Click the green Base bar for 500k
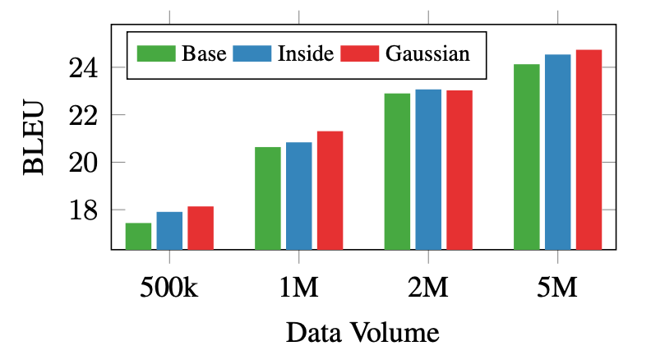pyautogui.click(x=138, y=236)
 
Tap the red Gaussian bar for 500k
pyautogui.click(x=201, y=228)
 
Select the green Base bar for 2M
pyautogui.click(x=397, y=171)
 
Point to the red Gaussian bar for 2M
pyautogui.click(x=459, y=169)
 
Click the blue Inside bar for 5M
pyautogui.click(x=557, y=151)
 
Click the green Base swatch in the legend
pyautogui.click(x=156, y=54)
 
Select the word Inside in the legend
pyautogui.click(x=306, y=54)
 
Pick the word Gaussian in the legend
pyautogui.click(x=427, y=54)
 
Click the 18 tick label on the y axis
pyautogui.click(x=85, y=210)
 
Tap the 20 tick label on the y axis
pyautogui.click(x=85, y=163)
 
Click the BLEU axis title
pyautogui.click(x=33, y=138)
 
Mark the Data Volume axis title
pyautogui.click(x=362, y=333)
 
